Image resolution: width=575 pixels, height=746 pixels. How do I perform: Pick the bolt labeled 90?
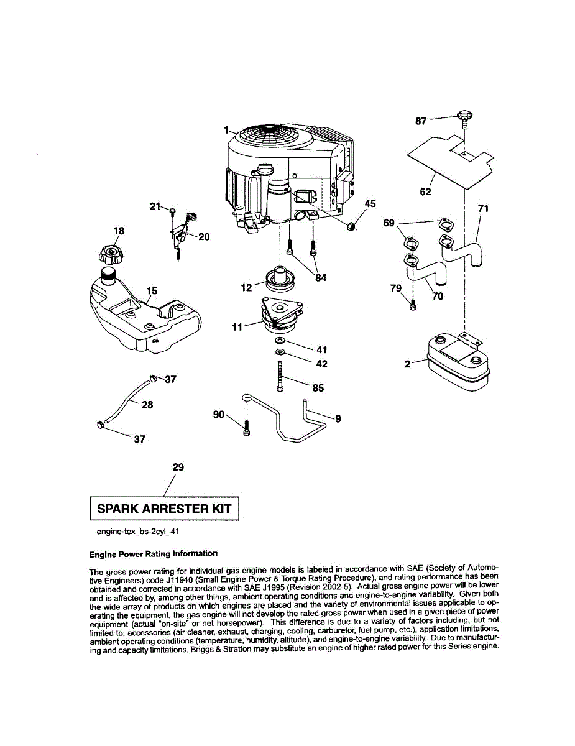click(247, 426)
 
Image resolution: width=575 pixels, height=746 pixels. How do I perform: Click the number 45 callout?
click(370, 203)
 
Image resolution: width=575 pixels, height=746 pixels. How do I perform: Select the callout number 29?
click(178, 467)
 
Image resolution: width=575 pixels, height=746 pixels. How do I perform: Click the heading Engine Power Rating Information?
click(154, 553)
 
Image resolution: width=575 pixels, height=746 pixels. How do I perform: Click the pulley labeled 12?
click(281, 279)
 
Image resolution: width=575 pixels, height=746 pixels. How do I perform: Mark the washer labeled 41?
click(280, 342)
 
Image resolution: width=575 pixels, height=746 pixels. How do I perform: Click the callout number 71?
click(483, 209)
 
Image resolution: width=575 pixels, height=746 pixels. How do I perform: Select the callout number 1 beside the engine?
click(226, 131)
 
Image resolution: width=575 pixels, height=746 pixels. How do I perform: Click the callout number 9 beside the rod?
click(338, 419)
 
